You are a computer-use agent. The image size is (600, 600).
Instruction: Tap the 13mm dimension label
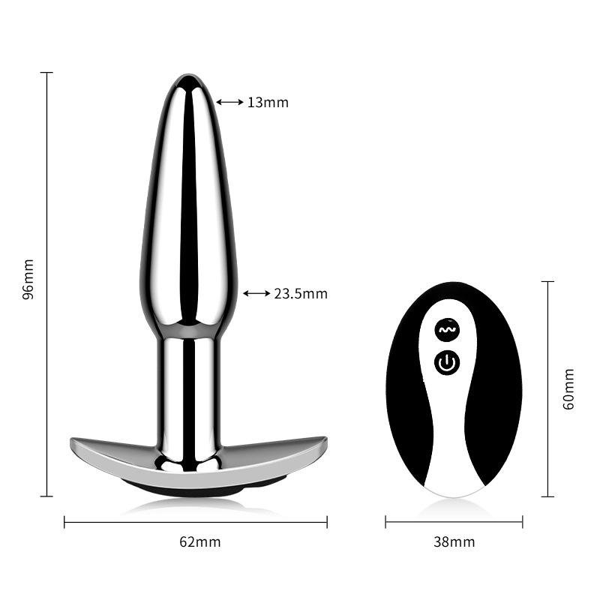point(268,103)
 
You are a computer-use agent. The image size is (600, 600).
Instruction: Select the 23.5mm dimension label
point(300,294)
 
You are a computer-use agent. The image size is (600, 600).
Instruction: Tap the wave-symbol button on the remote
point(447,329)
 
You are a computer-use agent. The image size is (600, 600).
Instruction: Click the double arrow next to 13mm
point(229,102)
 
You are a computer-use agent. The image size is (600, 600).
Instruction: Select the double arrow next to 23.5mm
point(256,293)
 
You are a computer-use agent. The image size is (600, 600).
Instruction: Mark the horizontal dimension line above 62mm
point(195,522)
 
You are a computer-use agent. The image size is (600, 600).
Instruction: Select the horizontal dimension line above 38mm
point(454,522)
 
